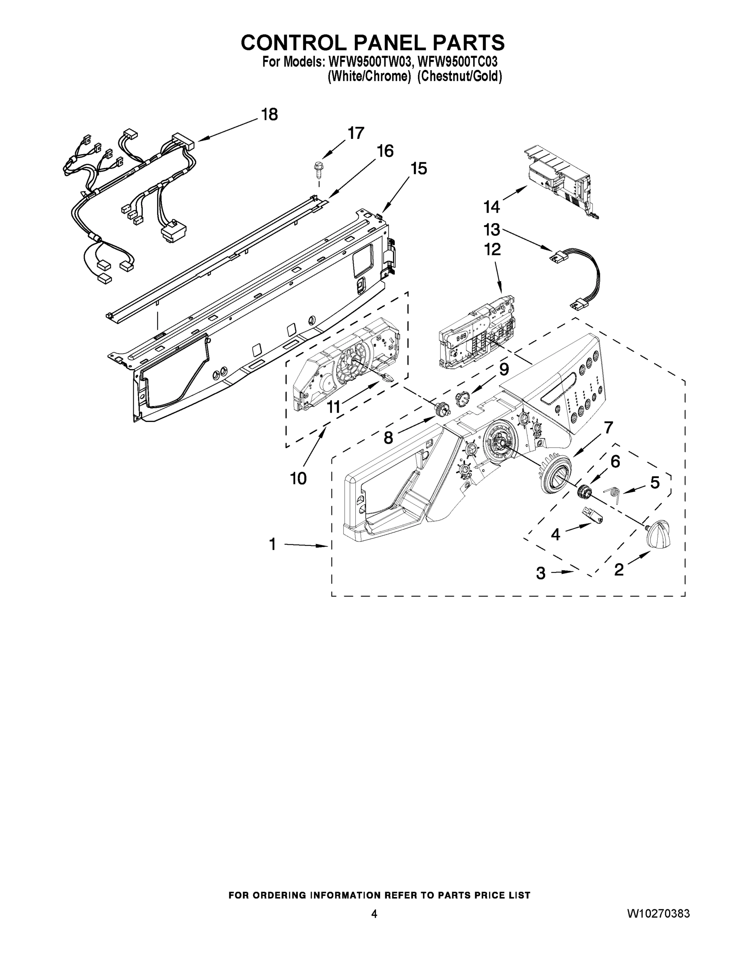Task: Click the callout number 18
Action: [269, 115]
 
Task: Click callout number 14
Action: [492, 207]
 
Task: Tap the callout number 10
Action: [298, 478]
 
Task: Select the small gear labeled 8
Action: [441, 408]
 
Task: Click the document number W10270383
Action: [658, 914]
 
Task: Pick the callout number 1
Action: [273, 544]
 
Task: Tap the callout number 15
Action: [418, 169]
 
